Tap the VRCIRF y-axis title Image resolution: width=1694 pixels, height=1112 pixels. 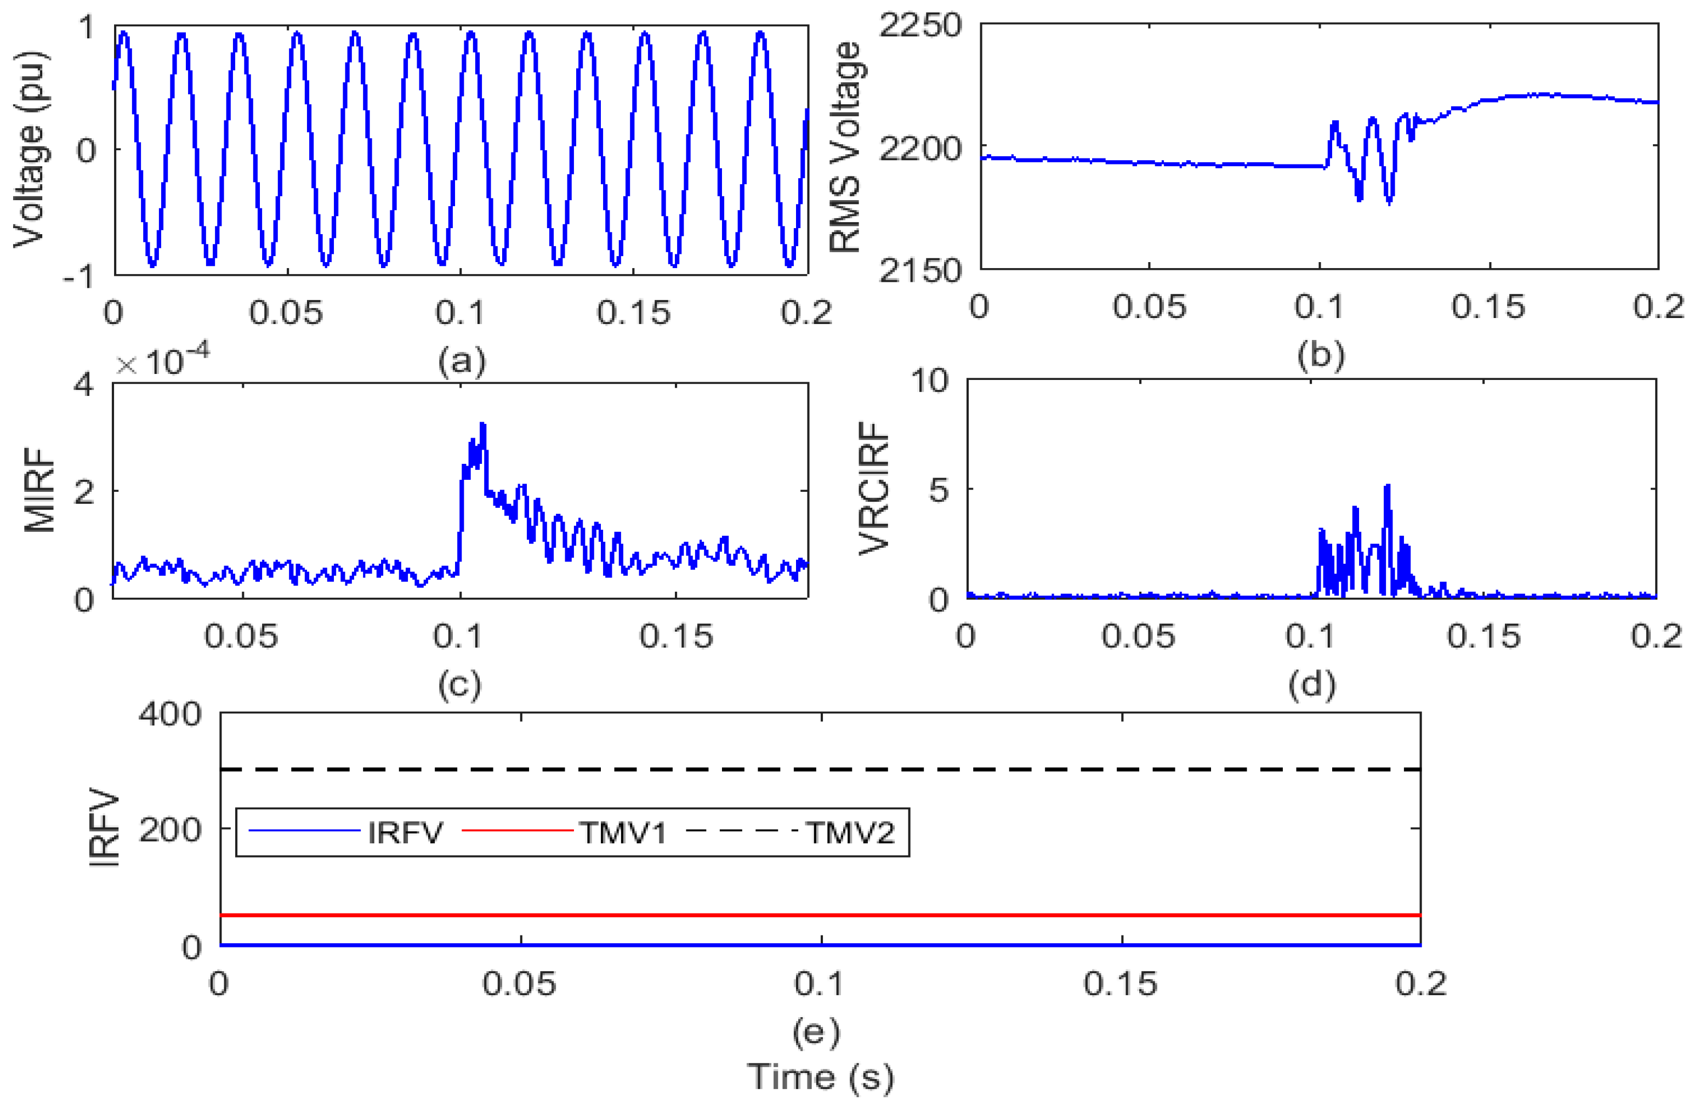click(874, 489)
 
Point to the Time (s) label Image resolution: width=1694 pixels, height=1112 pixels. click(820, 1076)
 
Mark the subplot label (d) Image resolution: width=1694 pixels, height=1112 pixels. click(1312, 683)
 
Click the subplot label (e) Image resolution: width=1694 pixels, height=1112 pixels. click(816, 1031)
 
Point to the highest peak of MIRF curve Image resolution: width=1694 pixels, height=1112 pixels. click(484, 425)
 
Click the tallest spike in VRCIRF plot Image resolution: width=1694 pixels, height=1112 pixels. click(1387, 487)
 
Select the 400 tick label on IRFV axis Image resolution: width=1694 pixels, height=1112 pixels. click(169, 713)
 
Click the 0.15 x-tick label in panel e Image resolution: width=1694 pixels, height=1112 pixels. click(1121, 984)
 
